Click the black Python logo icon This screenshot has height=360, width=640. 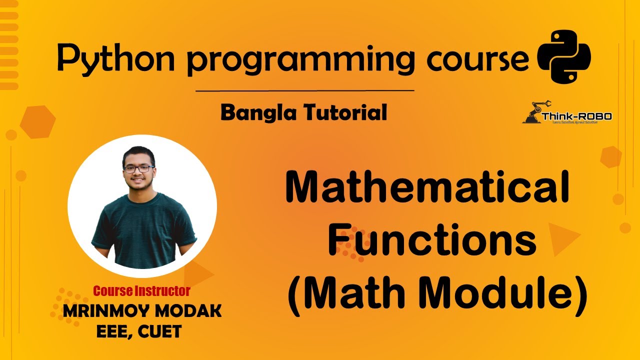click(x=563, y=56)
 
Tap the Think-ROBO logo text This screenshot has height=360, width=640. click(x=576, y=116)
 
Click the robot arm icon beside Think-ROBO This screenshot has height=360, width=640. click(x=534, y=112)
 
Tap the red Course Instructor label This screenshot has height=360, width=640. click(x=141, y=290)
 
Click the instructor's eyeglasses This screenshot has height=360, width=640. click(x=138, y=169)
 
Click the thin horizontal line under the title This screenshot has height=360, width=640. click(x=304, y=91)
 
